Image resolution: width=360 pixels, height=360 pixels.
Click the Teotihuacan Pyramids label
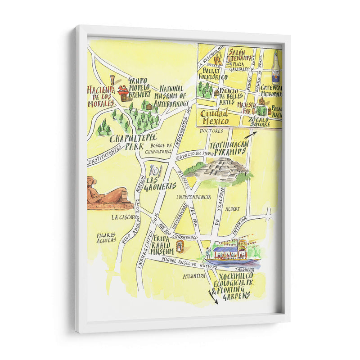228,149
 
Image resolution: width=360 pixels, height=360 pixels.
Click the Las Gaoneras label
160,183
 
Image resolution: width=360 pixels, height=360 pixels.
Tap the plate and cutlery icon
156,171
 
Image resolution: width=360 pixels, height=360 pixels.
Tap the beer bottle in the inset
275,66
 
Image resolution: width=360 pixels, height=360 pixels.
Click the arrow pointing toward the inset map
250,134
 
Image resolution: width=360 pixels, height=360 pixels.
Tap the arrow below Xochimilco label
212,297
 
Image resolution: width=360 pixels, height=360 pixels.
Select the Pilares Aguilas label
106,238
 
